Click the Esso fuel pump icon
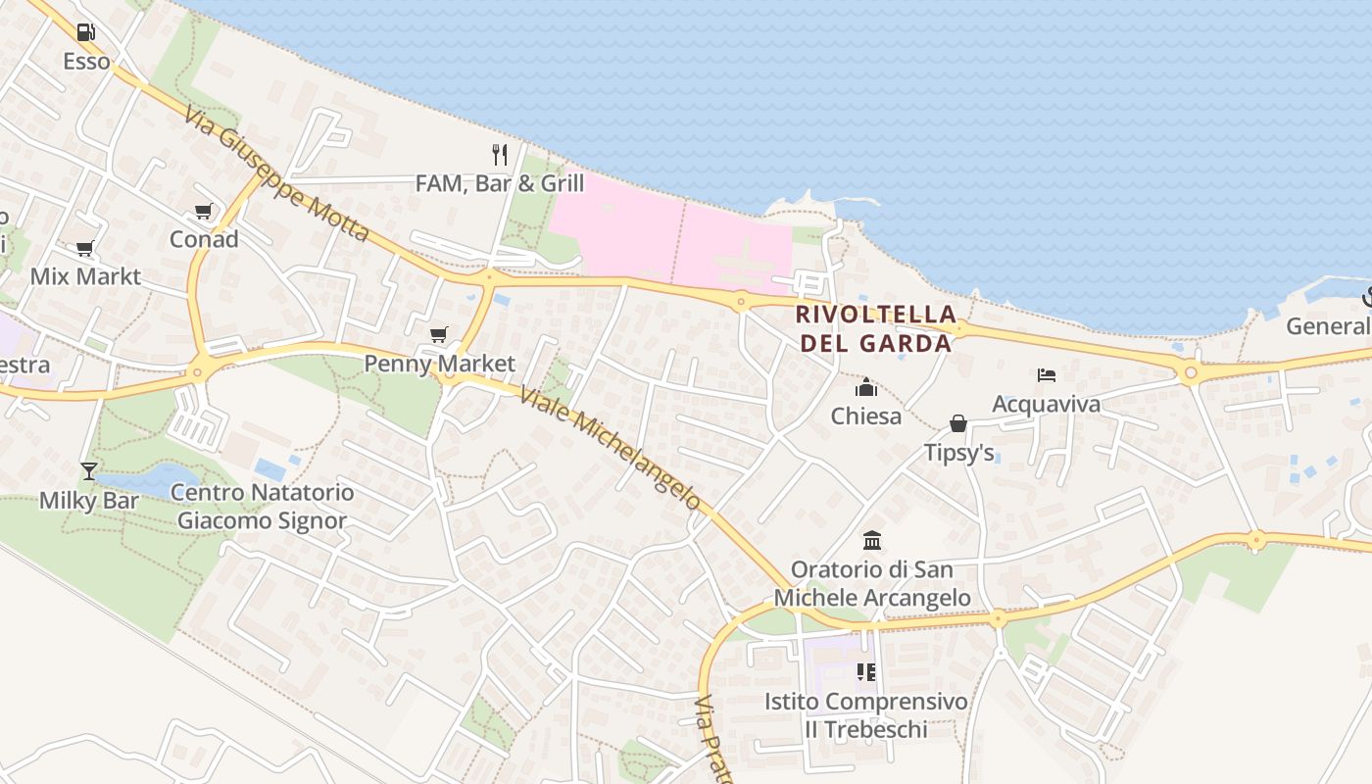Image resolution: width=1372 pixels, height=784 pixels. coord(85,32)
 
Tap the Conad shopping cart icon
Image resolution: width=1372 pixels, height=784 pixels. coord(204,211)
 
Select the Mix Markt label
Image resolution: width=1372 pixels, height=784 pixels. coord(85,276)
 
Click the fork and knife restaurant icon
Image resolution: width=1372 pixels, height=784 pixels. coord(500,154)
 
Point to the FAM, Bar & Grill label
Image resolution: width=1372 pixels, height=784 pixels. coord(500,183)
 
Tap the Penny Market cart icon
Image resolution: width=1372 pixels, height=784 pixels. coord(439,335)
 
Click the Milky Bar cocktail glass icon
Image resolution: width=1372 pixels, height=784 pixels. coord(89,471)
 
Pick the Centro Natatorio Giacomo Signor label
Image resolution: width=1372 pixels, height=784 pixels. coord(262,506)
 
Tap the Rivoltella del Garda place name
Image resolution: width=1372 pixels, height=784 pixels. coord(875,328)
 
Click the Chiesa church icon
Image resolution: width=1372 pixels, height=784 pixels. coord(866,387)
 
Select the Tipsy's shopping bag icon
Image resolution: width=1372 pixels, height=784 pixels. coord(958,423)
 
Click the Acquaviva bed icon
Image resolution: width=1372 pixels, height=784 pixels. coord(1047,375)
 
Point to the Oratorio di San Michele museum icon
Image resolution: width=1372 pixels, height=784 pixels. coord(872,540)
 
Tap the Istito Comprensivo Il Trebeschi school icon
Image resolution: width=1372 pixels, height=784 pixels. coord(865,672)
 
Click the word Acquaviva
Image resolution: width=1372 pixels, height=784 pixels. coord(1046,404)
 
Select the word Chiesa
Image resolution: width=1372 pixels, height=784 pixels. coord(866,416)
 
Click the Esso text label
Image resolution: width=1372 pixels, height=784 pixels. coord(86,62)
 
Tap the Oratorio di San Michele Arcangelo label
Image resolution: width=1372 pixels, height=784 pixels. coord(872,584)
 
